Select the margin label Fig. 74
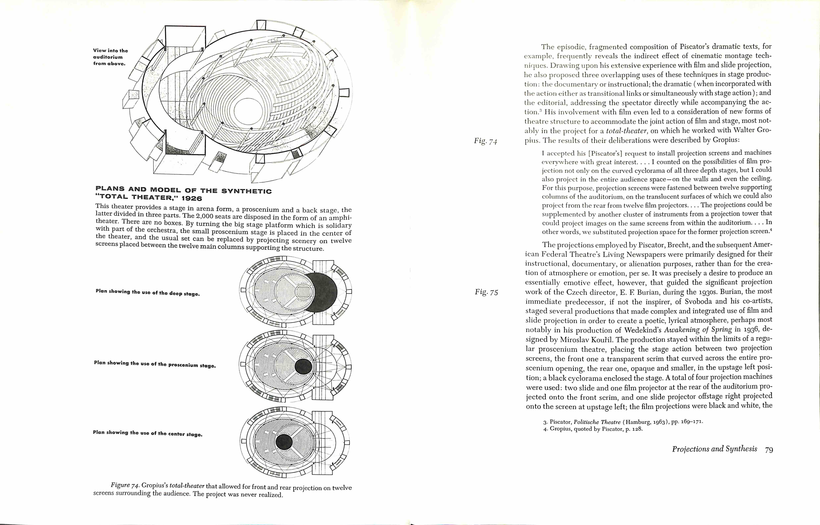485,141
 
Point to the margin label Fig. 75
486,292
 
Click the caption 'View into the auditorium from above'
110,57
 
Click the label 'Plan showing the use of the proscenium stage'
155,364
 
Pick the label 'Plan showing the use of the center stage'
148,433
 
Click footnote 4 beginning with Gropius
593,429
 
